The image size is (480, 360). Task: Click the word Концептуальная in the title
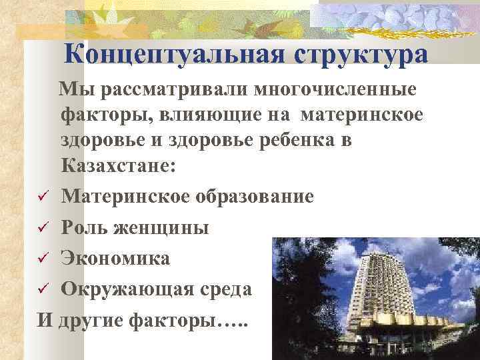click(173, 54)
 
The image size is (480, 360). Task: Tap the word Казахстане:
click(119, 167)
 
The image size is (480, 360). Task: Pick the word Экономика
click(115, 258)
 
